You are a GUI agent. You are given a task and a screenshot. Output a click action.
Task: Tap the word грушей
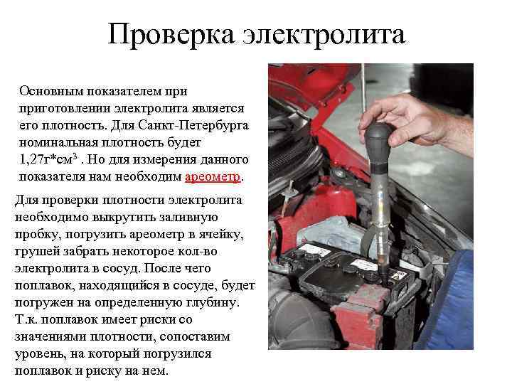coord(34,252)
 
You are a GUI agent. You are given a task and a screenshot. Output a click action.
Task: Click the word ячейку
coord(222,235)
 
